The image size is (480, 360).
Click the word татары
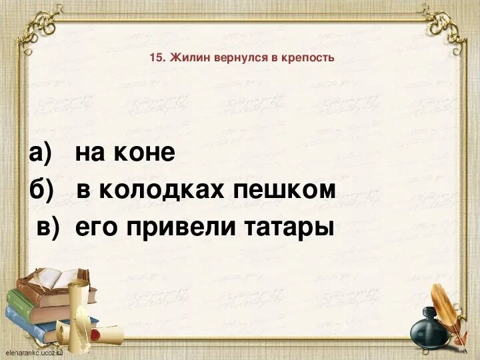point(291,228)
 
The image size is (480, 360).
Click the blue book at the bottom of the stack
point(30,317)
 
